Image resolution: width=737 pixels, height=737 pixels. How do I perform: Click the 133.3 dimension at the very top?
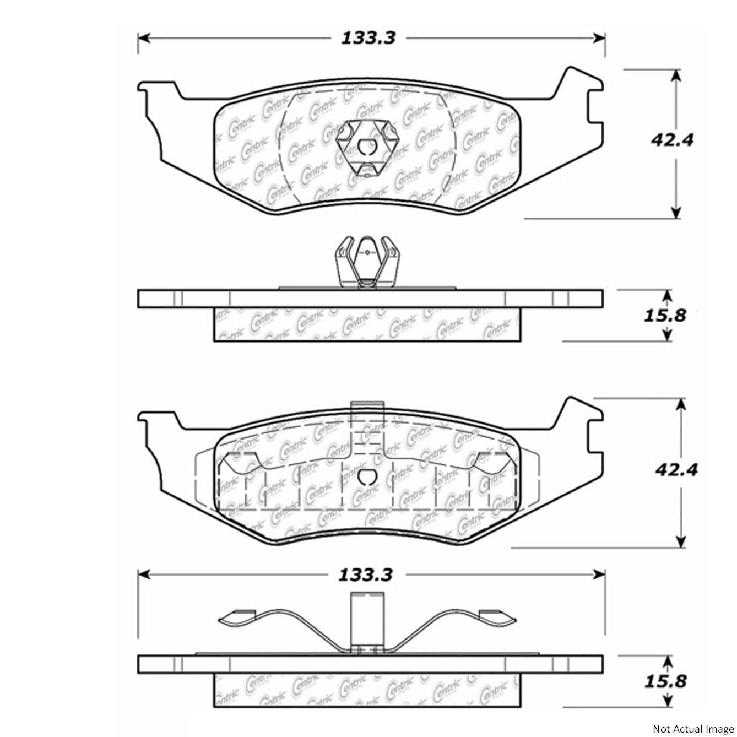(x=368, y=38)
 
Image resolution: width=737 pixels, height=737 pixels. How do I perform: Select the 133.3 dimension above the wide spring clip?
(x=365, y=575)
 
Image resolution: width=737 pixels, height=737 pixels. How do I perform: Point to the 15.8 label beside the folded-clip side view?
(x=664, y=316)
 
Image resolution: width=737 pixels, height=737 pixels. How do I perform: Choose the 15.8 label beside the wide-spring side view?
(x=665, y=681)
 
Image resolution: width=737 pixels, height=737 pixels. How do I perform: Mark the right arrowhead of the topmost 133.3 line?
(x=599, y=38)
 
